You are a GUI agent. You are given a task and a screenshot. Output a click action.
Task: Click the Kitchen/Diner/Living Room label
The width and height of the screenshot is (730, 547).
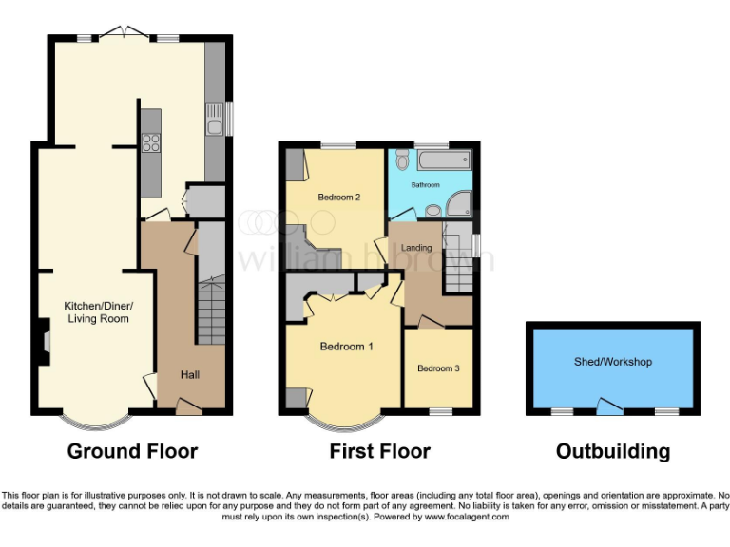98,311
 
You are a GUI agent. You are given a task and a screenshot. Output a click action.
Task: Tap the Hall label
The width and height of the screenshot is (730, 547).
190,374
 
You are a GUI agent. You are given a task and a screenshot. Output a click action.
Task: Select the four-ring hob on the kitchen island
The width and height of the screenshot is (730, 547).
150,143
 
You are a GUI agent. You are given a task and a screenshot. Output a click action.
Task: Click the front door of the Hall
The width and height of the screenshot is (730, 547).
189,407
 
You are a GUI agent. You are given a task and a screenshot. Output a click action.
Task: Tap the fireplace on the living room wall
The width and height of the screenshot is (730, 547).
45,340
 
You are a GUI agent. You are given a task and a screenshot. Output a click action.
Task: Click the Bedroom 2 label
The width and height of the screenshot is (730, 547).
337,198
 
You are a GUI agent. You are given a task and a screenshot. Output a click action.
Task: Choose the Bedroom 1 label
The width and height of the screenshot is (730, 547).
346,347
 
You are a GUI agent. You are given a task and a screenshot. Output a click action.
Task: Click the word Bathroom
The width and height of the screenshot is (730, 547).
425,184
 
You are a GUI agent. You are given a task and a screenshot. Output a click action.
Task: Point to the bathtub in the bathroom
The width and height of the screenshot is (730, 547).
445,160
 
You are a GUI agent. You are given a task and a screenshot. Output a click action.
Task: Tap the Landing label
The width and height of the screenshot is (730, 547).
416,248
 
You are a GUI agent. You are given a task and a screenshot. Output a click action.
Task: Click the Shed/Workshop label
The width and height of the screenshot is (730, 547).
612,362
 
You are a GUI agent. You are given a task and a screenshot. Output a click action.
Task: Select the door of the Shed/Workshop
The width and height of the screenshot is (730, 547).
607,406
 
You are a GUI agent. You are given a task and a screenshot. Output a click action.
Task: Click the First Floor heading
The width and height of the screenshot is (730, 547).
379,451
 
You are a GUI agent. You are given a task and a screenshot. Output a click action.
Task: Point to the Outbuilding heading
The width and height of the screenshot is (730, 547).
612,451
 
